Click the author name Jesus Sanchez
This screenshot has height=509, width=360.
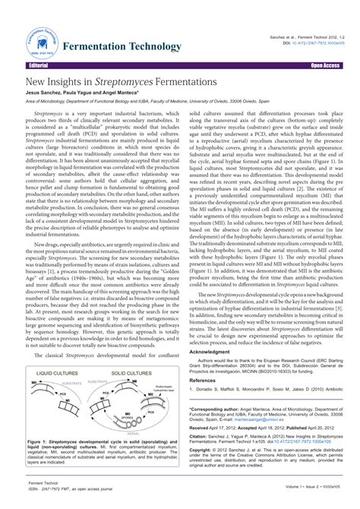click(44, 92)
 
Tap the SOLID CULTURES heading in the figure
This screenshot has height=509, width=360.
click(129, 374)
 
